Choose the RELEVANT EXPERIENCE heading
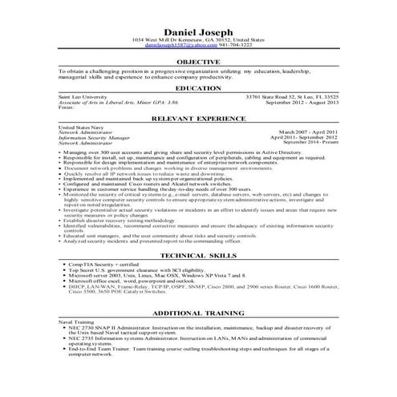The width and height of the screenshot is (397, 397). (x=197, y=119)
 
